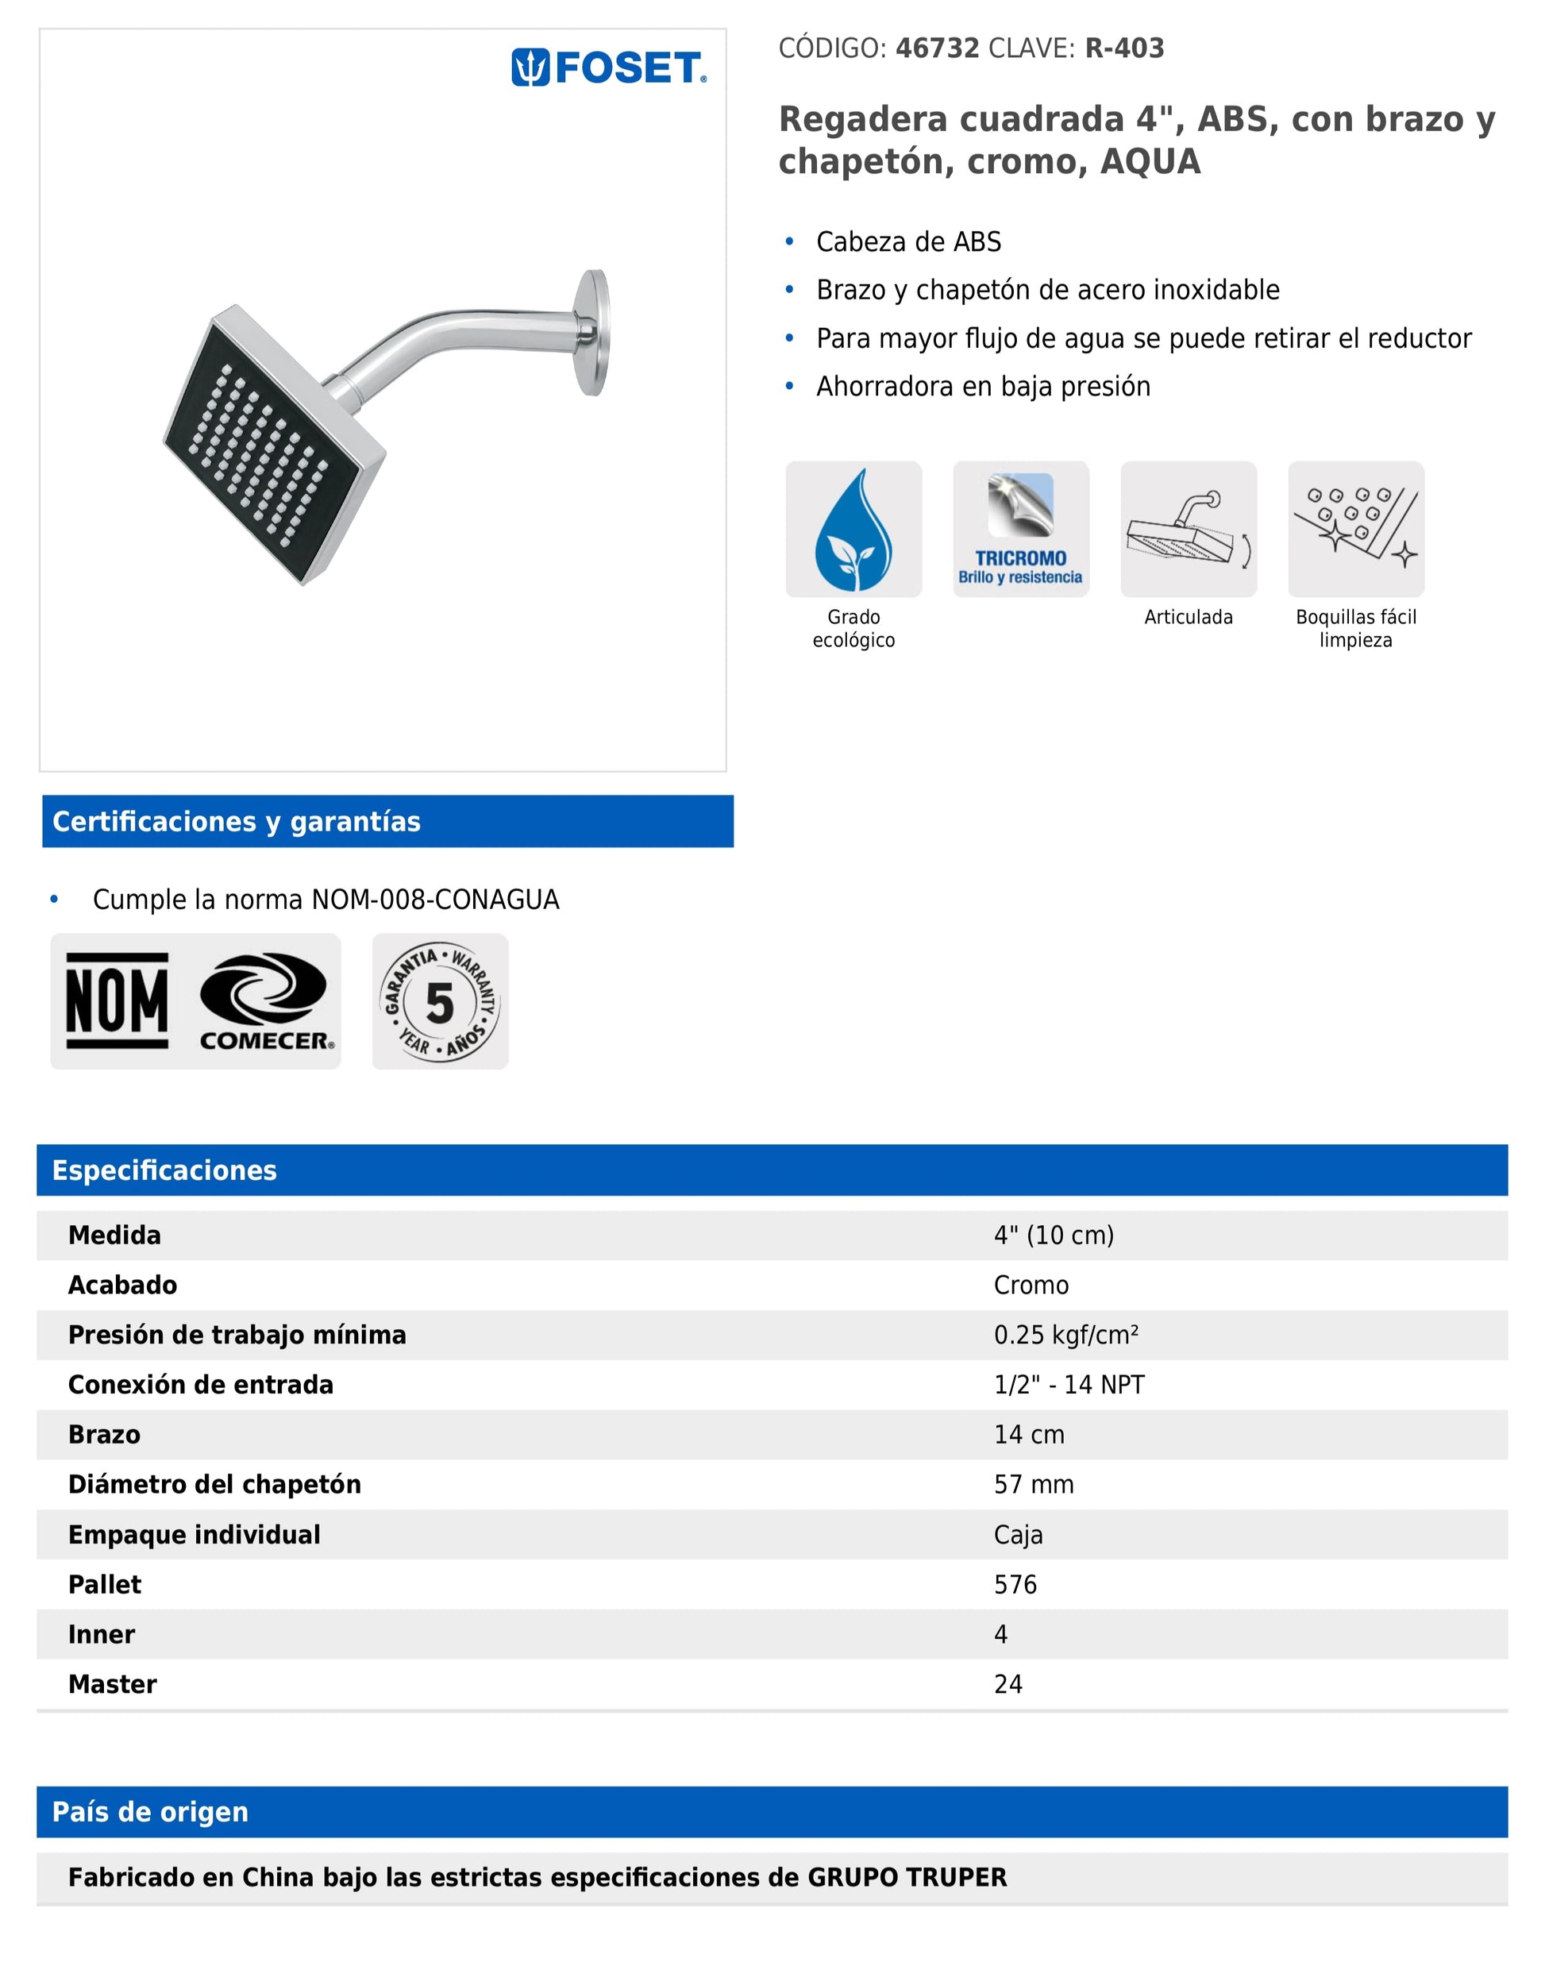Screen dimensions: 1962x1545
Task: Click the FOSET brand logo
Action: coord(609,67)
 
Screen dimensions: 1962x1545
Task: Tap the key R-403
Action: coord(1124,48)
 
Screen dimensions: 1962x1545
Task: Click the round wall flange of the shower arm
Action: coord(593,332)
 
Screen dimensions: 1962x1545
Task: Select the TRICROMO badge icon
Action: coord(1020,530)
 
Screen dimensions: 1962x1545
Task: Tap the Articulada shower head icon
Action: coord(1188,530)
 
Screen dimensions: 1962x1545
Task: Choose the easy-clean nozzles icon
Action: coord(1355,530)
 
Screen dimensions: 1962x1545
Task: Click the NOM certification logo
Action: coord(117,1000)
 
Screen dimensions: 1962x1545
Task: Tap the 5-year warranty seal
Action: coord(440,1001)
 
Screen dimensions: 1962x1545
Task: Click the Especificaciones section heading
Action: coord(164,1170)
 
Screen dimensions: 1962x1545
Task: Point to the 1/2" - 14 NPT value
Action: coord(1069,1384)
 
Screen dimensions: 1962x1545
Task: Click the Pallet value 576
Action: coord(1015,1584)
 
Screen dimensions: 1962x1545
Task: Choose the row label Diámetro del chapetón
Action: coord(214,1483)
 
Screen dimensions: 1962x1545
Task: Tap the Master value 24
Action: coord(1008,1683)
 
